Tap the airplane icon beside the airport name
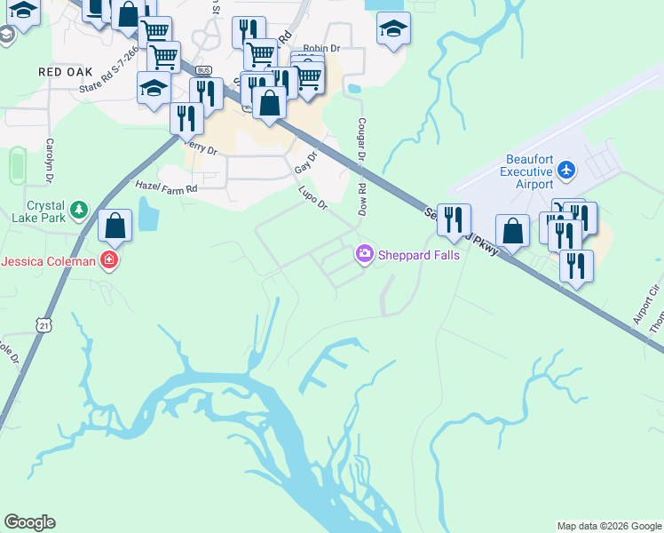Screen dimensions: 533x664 click(x=567, y=169)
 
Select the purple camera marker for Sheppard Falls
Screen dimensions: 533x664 click(x=364, y=255)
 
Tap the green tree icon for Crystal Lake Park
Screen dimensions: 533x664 click(x=80, y=209)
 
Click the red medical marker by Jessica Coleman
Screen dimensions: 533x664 click(x=109, y=260)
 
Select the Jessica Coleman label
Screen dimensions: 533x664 click(x=49, y=261)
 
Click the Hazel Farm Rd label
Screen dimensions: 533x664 click(x=166, y=187)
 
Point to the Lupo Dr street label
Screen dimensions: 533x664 click(x=313, y=198)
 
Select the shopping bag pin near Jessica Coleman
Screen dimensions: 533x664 click(x=115, y=227)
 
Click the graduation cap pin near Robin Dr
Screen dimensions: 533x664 click(x=393, y=28)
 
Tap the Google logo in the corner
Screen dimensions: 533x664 click(x=29, y=522)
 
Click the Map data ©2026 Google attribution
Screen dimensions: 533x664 click(x=608, y=526)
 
